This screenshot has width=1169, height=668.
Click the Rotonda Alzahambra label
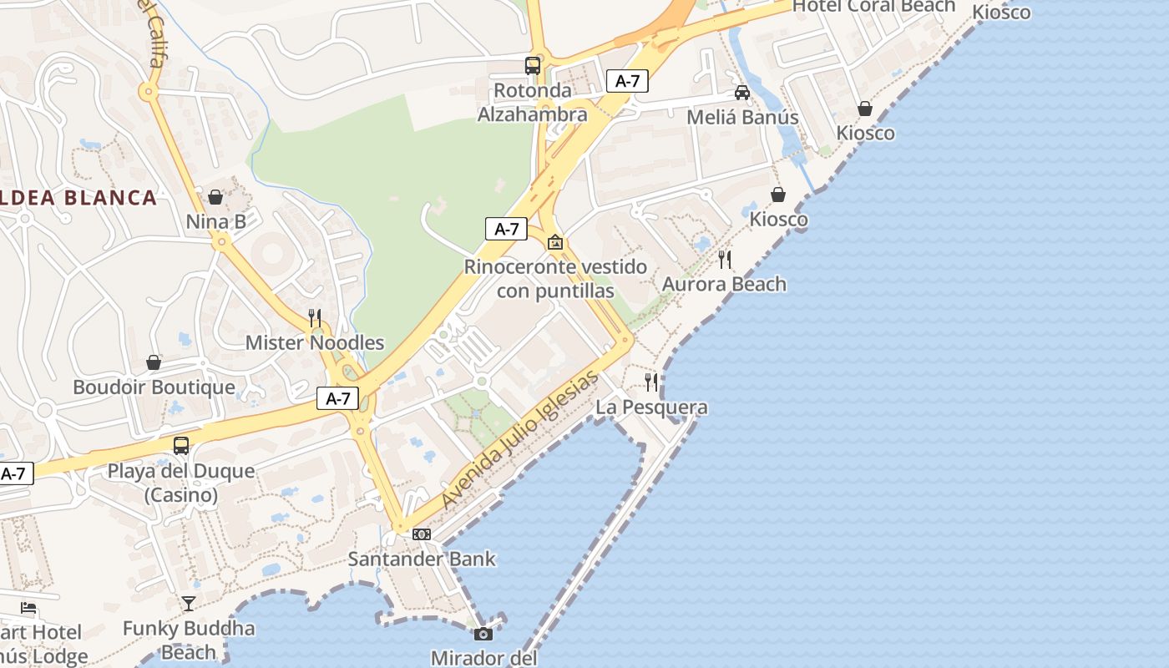[532, 103]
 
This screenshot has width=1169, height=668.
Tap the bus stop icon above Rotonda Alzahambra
[532, 65]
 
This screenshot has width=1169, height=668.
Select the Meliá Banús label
[742, 117]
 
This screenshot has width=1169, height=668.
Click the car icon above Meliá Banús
[741, 92]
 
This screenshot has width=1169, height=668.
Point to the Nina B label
[215, 221]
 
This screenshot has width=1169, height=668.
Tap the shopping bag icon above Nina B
[215, 197]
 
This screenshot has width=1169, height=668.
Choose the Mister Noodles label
[315, 342]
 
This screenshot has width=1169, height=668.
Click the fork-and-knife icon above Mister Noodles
[315, 317]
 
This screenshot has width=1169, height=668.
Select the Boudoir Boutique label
[154, 387]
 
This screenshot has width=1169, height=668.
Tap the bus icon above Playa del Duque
[181, 446]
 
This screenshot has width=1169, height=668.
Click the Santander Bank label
[422, 559]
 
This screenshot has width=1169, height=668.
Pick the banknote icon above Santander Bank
[422, 534]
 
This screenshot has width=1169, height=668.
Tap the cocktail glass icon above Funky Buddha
[189, 603]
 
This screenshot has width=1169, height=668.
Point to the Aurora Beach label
[724, 284]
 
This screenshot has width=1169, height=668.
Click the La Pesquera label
[651, 407]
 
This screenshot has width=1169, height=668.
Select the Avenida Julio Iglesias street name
[520, 439]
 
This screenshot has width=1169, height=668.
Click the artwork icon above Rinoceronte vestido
[554, 242]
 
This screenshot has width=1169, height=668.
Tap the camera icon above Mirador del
[483, 634]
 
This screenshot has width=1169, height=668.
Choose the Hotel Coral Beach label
[873, 7]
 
